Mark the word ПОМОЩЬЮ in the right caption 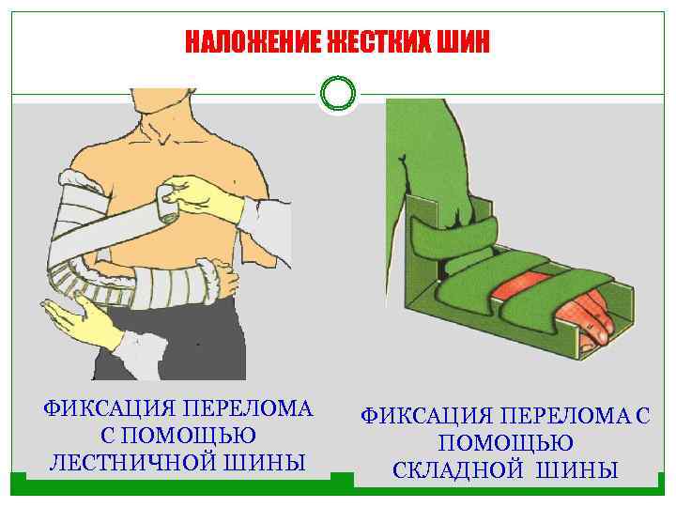click(506, 442)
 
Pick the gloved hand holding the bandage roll click(202, 194)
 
